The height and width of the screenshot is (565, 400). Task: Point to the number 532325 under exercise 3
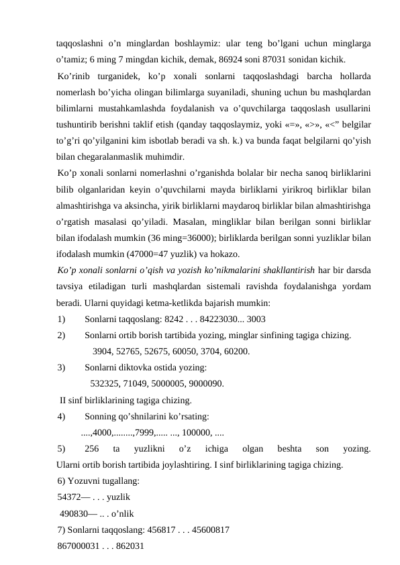coord(105,384)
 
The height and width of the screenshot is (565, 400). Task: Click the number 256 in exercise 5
coord(93,448)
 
